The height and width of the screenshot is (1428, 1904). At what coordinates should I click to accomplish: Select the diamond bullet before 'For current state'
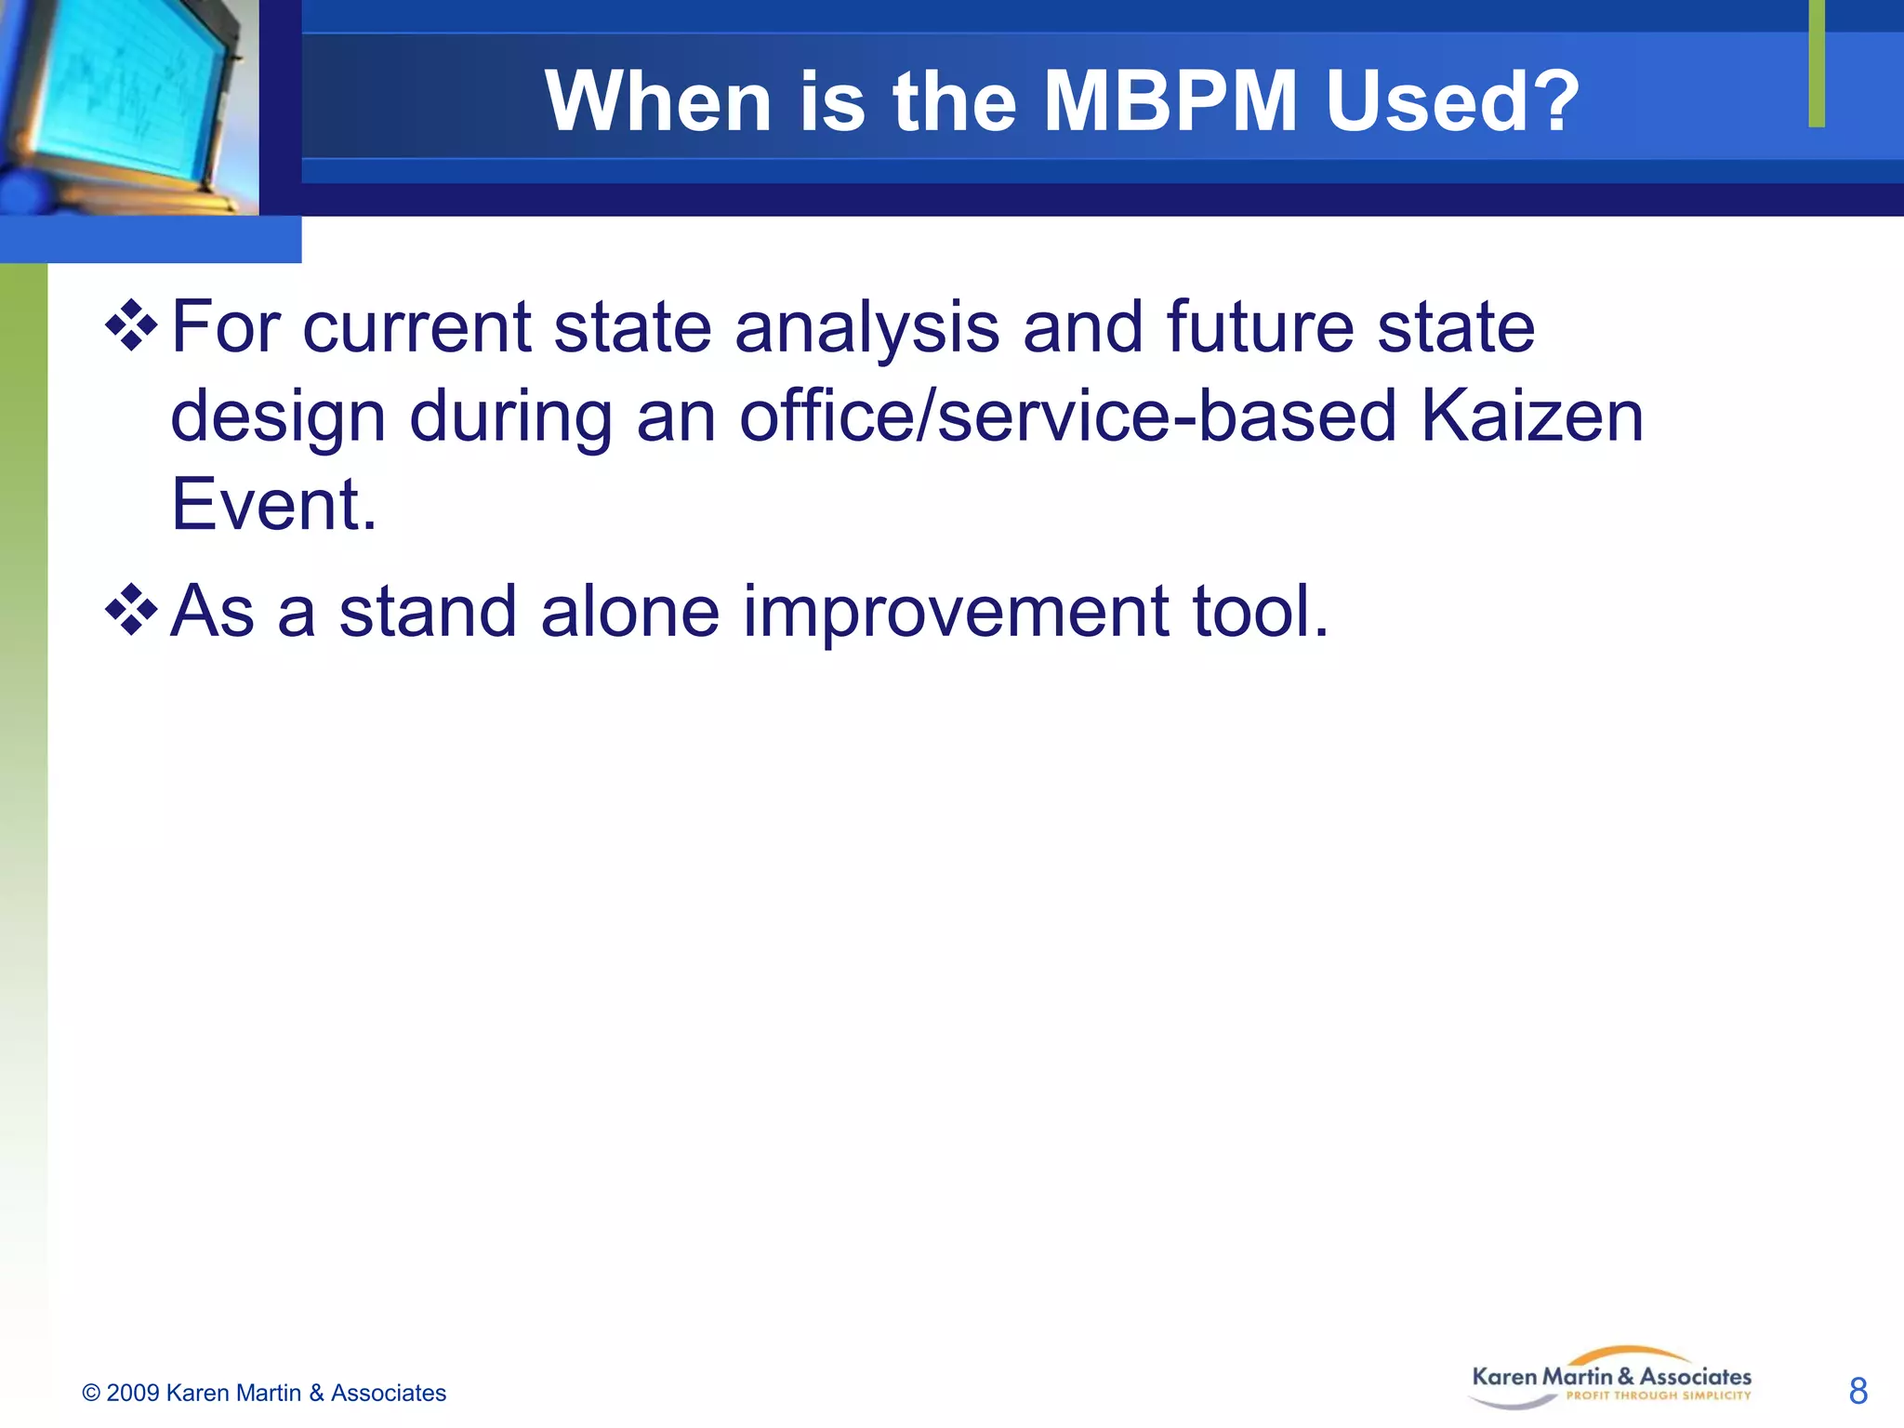tap(131, 326)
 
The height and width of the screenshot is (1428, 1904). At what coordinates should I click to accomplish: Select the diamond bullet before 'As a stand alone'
tap(131, 611)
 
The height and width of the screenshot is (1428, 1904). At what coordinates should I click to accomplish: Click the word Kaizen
tap(1532, 416)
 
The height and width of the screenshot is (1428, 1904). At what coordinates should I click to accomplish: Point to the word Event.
tap(273, 504)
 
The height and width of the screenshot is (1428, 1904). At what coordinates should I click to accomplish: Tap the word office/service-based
tap(1068, 416)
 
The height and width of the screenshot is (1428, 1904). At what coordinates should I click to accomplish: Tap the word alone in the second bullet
tap(629, 612)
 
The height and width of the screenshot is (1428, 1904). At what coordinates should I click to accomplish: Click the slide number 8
tap(1858, 1391)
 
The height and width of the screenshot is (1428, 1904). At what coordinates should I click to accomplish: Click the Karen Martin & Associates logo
tap(1611, 1378)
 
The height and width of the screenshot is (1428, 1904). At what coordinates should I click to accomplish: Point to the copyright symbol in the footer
tap(91, 1393)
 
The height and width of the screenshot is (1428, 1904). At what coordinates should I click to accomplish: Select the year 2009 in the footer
tap(133, 1393)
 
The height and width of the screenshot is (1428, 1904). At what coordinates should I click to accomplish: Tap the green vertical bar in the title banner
tap(1817, 63)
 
